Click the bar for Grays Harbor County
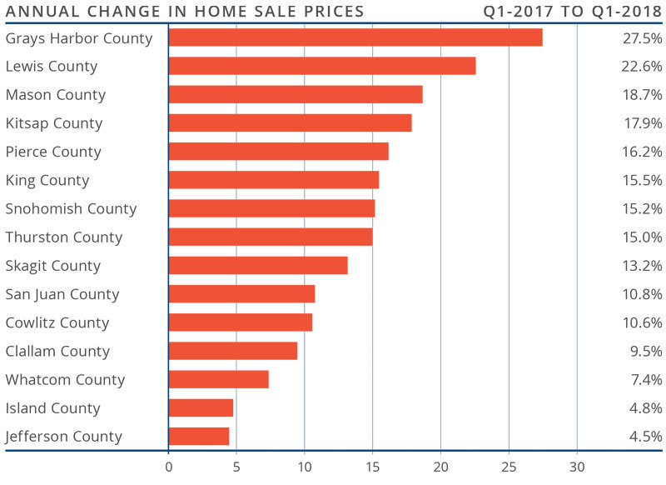[355, 37]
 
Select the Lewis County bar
[322, 66]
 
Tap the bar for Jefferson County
[199, 436]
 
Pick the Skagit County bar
[258, 265]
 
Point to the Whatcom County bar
[219, 379]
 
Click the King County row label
[47, 180]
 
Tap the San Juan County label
[62, 294]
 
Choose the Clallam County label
[57, 351]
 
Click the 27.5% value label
[641, 38]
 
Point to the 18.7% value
[641, 95]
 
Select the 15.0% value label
[641, 237]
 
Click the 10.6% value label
[641, 322]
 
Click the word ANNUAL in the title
[38, 12]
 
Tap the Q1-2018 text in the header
[627, 12]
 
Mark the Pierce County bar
[279, 151]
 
